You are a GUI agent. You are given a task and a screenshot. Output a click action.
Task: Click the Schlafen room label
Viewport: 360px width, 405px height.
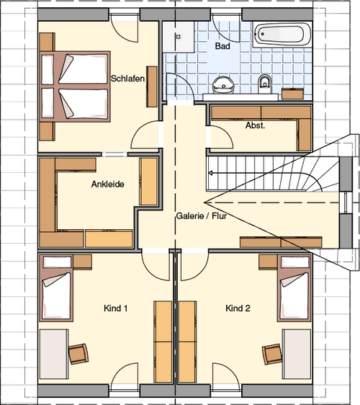point(127,79)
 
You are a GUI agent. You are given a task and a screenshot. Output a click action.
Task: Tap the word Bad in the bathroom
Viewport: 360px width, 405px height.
point(222,46)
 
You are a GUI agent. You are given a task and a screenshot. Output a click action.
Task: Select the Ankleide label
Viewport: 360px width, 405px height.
point(107,184)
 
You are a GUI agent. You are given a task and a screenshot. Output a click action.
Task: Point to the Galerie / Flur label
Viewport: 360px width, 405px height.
point(202,215)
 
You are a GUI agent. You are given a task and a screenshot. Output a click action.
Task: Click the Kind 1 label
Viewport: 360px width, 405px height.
point(115,308)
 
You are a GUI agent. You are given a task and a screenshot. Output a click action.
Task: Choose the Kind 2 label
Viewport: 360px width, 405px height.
point(238,308)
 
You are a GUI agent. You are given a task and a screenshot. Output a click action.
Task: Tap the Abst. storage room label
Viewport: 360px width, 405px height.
point(255,125)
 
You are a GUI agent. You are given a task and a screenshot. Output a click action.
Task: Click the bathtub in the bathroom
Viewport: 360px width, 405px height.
point(282,35)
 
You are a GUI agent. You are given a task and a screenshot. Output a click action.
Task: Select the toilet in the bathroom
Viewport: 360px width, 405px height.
point(264,84)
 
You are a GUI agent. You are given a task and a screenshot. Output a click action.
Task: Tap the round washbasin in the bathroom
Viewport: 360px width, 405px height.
point(223,85)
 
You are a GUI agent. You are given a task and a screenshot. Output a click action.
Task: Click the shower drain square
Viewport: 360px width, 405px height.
point(178,37)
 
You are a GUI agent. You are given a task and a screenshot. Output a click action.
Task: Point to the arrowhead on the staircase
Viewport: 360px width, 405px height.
point(210,173)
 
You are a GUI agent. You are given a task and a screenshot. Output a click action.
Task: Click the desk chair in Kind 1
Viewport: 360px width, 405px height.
point(78,354)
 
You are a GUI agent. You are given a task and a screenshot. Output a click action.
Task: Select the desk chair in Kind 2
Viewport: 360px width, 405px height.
point(272,354)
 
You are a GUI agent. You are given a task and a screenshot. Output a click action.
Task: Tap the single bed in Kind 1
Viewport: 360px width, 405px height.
point(56,288)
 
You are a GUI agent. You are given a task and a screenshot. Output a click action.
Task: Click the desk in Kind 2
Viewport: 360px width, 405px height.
point(297,354)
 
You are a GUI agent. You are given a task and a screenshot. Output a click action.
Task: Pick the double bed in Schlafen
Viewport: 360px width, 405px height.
point(75,86)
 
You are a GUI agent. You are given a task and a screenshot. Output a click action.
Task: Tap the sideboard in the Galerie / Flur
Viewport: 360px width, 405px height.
point(281,242)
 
